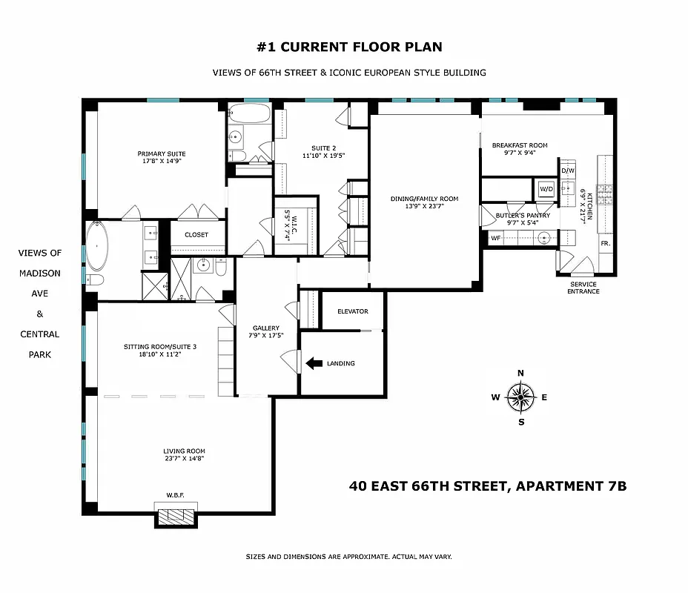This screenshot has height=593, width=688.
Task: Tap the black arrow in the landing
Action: coord(314,363)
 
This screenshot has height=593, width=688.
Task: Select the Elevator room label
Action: coord(353,311)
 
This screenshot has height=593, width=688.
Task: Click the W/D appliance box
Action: coord(546,188)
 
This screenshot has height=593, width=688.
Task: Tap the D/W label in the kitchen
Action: coord(568,171)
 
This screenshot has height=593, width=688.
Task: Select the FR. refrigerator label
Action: coord(606,244)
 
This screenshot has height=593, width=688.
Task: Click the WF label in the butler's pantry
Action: coord(495,238)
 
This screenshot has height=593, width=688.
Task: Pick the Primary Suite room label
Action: coord(161,153)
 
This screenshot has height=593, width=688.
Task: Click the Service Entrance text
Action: coord(583,288)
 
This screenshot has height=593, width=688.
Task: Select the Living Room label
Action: coord(184,451)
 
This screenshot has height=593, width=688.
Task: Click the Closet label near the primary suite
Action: coord(196,235)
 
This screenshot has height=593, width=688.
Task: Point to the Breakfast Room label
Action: coord(520,145)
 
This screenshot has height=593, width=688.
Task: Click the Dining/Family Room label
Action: coord(425,199)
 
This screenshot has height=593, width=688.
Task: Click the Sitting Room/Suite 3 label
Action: coord(160,346)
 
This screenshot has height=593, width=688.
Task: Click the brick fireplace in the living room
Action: coord(176,512)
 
